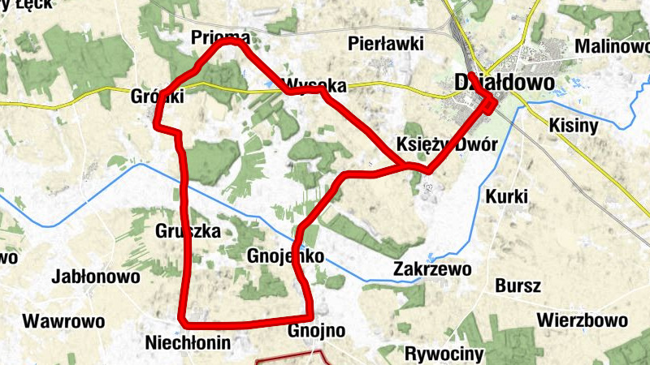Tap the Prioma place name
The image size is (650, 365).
click(219, 38)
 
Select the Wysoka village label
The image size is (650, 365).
click(315, 85)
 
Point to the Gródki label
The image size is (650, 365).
click(158, 97)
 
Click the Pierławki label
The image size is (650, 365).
click(385, 44)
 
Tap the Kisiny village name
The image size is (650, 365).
click(574, 126)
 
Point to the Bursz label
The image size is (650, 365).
click(518, 286)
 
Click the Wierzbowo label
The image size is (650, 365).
click(582, 318)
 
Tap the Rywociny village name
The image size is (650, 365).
click(444, 354)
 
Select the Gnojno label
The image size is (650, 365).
click(317, 331)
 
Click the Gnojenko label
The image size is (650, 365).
click(284, 256)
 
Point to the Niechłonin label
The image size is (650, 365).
click(188, 342)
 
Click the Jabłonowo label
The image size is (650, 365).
click(95, 277)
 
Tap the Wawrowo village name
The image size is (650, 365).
click(63, 320)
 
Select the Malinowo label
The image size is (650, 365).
click(613, 46)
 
